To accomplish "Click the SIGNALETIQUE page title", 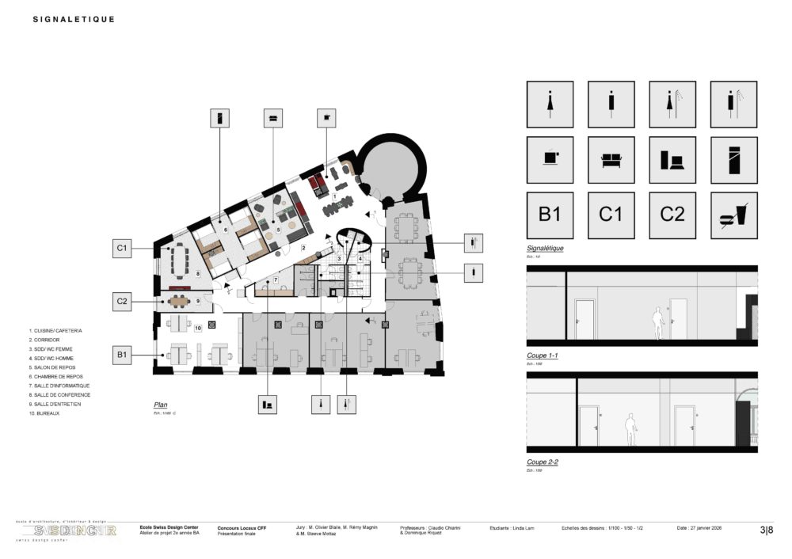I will pyautogui.click(x=74, y=19).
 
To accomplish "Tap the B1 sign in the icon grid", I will pyautogui.click(x=550, y=215).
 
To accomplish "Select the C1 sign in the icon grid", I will pyautogui.click(x=611, y=215).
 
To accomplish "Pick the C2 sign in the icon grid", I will pyautogui.click(x=672, y=215).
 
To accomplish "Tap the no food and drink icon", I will pyautogui.click(x=733, y=215).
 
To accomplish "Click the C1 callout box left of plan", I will pyautogui.click(x=122, y=248).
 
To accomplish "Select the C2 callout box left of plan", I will pyautogui.click(x=122, y=302).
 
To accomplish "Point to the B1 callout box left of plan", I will pyautogui.click(x=122, y=355).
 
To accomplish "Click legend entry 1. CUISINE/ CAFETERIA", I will pyautogui.click(x=55, y=330).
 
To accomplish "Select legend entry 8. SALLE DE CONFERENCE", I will pyautogui.click(x=59, y=394).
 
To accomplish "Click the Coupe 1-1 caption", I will pyautogui.click(x=543, y=356).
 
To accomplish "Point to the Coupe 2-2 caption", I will pyautogui.click(x=543, y=462).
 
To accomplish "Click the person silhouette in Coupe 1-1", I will pyautogui.click(x=657, y=325).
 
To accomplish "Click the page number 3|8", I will pyautogui.click(x=767, y=530).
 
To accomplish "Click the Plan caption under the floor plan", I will pyautogui.click(x=161, y=405).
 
